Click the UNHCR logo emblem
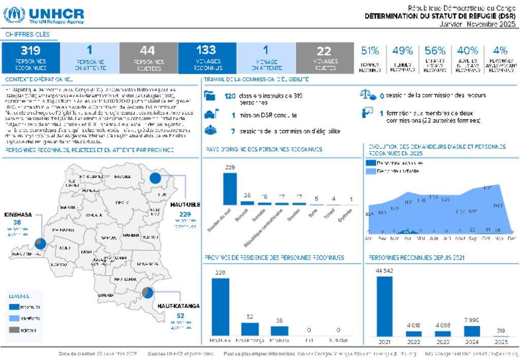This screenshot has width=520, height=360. click(14, 15)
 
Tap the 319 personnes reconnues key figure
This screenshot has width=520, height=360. click(30, 57)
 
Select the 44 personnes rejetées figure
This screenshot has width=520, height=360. click(148, 57)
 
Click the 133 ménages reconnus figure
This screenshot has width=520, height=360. click(207, 57)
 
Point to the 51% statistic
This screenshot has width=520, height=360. click(370, 51)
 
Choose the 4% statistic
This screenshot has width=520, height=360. click(500, 51)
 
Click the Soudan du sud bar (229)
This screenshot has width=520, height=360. click(230, 188)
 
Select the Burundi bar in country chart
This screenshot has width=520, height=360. click(247, 203)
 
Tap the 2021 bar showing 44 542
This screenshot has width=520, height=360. click(384, 306)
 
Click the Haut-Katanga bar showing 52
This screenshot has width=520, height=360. click(250, 329)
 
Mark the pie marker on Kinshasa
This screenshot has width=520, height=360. click(40, 244)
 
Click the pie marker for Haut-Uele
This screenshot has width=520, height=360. click(155, 178)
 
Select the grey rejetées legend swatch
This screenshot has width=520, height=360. click(14, 331)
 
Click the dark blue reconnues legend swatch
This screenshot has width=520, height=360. click(14, 307)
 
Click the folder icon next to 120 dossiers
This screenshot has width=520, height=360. click(210, 95)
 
